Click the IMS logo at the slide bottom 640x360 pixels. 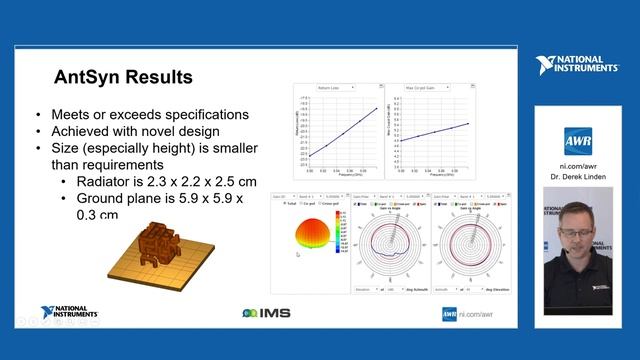coord(263,314)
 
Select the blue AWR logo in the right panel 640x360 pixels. coord(579,138)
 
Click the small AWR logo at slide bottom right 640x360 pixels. coord(450,314)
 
